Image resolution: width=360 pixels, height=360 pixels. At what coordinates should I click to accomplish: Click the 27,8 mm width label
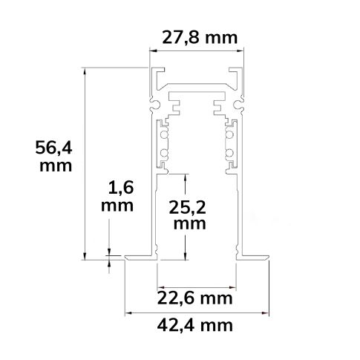click(197, 38)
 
